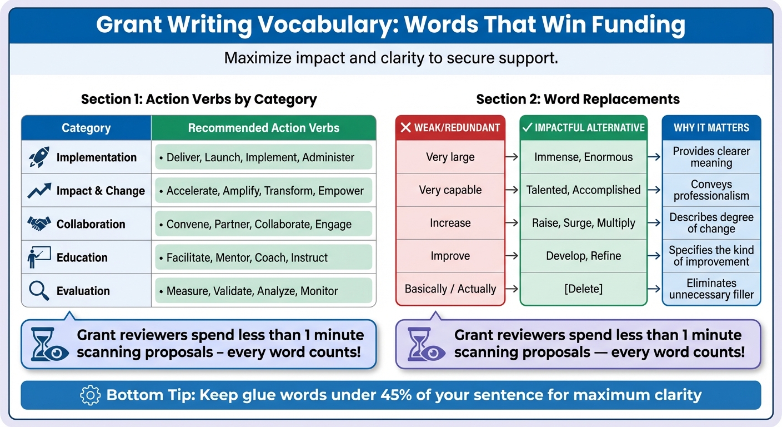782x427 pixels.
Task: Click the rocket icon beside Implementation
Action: (39, 157)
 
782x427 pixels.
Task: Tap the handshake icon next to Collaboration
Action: (39, 224)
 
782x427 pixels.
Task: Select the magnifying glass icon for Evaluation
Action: (39, 291)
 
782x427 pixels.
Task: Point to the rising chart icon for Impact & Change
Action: (39, 191)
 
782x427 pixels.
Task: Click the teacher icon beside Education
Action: (39, 257)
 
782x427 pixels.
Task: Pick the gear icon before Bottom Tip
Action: (90, 395)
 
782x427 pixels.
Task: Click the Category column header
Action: (86, 128)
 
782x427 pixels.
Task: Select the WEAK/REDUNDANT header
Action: (450, 128)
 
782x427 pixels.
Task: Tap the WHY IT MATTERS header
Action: (711, 128)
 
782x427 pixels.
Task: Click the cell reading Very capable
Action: (450, 190)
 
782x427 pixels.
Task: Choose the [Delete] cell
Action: (583, 289)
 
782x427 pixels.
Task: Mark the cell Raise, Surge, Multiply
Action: (583, 223)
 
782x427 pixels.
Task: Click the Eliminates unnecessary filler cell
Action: (711, 289)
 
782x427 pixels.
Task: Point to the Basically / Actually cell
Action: (450, 289)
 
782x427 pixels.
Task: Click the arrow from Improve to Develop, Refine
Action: (512, 256)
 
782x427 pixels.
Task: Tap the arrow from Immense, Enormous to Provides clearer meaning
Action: (655, 157)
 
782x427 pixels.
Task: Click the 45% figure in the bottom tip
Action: (397, 395)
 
